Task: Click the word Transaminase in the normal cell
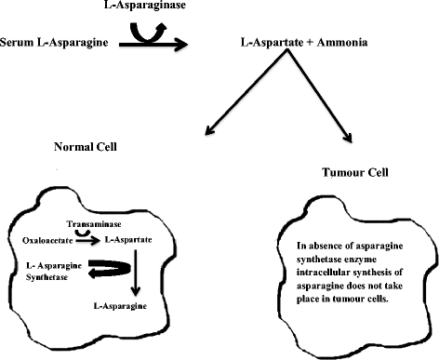[91, 224]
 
